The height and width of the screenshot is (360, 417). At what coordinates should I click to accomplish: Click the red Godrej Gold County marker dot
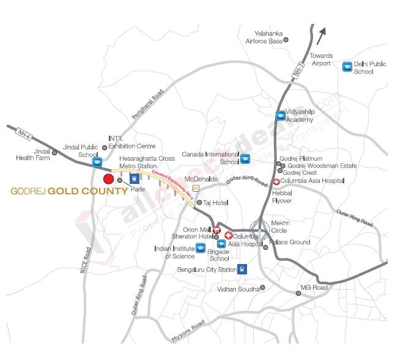click(x=108, y=179)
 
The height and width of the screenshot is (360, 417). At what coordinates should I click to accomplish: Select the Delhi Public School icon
click(x=347, y=67)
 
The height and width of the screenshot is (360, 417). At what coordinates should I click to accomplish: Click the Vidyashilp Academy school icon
click(x=280, y=116)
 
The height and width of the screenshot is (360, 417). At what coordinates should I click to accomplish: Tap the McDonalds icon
click(x=196, y=188)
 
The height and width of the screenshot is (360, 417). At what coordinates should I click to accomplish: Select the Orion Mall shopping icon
click(x=216, y=230)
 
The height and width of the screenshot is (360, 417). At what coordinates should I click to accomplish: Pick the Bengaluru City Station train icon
click(x=243, y=268)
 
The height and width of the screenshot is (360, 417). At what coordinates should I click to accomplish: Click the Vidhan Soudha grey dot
click(x=262, y=287)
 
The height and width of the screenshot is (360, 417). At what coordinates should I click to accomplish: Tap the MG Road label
click(x=314, y=287)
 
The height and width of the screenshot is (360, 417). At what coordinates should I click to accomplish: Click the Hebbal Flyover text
click(x=282, y=196)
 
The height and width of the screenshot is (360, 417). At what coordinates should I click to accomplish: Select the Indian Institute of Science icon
click(x=200, y=248)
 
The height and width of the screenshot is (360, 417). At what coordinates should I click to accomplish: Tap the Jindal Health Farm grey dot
click(x=54, y=153)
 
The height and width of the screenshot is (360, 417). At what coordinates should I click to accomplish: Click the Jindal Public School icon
click(x=97, y=163)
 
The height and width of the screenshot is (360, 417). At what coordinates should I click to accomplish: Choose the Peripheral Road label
click(x=149, y=105)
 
